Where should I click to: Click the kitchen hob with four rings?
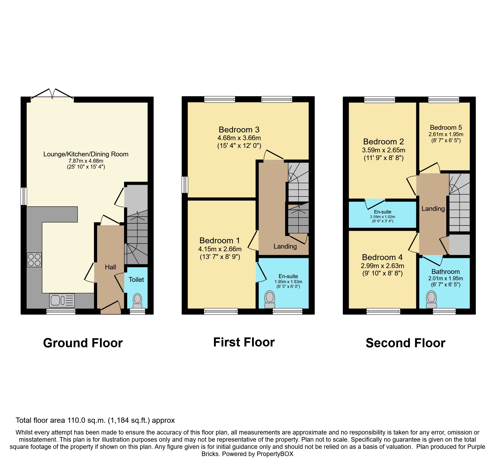point(34,260)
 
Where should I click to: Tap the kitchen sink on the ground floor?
point(62,300)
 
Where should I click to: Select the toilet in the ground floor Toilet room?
point(138,301)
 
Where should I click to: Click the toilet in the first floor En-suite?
point(270,300)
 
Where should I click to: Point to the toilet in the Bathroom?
point(431,300)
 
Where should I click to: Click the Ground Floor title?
point(83,343)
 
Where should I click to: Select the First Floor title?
point(244,342)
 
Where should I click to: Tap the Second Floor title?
point(405,343)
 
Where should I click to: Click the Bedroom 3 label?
point(239,129)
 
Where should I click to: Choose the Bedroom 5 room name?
point(446,127)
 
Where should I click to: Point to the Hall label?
point(110,267)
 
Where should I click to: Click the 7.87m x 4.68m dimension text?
point(86,161)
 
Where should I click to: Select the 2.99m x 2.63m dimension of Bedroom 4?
point(382,266)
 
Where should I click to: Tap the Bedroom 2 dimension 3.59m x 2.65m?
point(383,150)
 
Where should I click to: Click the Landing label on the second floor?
point(433,209)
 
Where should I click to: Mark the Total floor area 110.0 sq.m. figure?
point(95,420)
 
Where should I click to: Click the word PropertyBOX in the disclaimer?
point(275,454)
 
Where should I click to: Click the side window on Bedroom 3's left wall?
point(185,185)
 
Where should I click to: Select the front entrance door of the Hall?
point(111,307)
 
